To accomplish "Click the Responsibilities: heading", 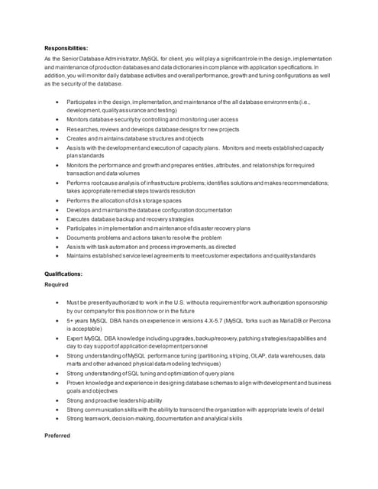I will pos(66,48).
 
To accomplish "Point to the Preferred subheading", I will pos(57,436).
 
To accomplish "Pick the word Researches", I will pos(82,130).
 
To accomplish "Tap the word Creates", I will pos(77,138).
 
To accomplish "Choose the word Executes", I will pos(79,219).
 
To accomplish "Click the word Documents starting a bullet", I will pos(83,237).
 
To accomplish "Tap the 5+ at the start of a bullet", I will pos(70,321).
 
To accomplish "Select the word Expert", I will pos(76,338).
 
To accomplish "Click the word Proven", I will pos(77,383).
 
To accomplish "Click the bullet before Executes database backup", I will pos(57,219).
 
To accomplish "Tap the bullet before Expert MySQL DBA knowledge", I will pos(57,338).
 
